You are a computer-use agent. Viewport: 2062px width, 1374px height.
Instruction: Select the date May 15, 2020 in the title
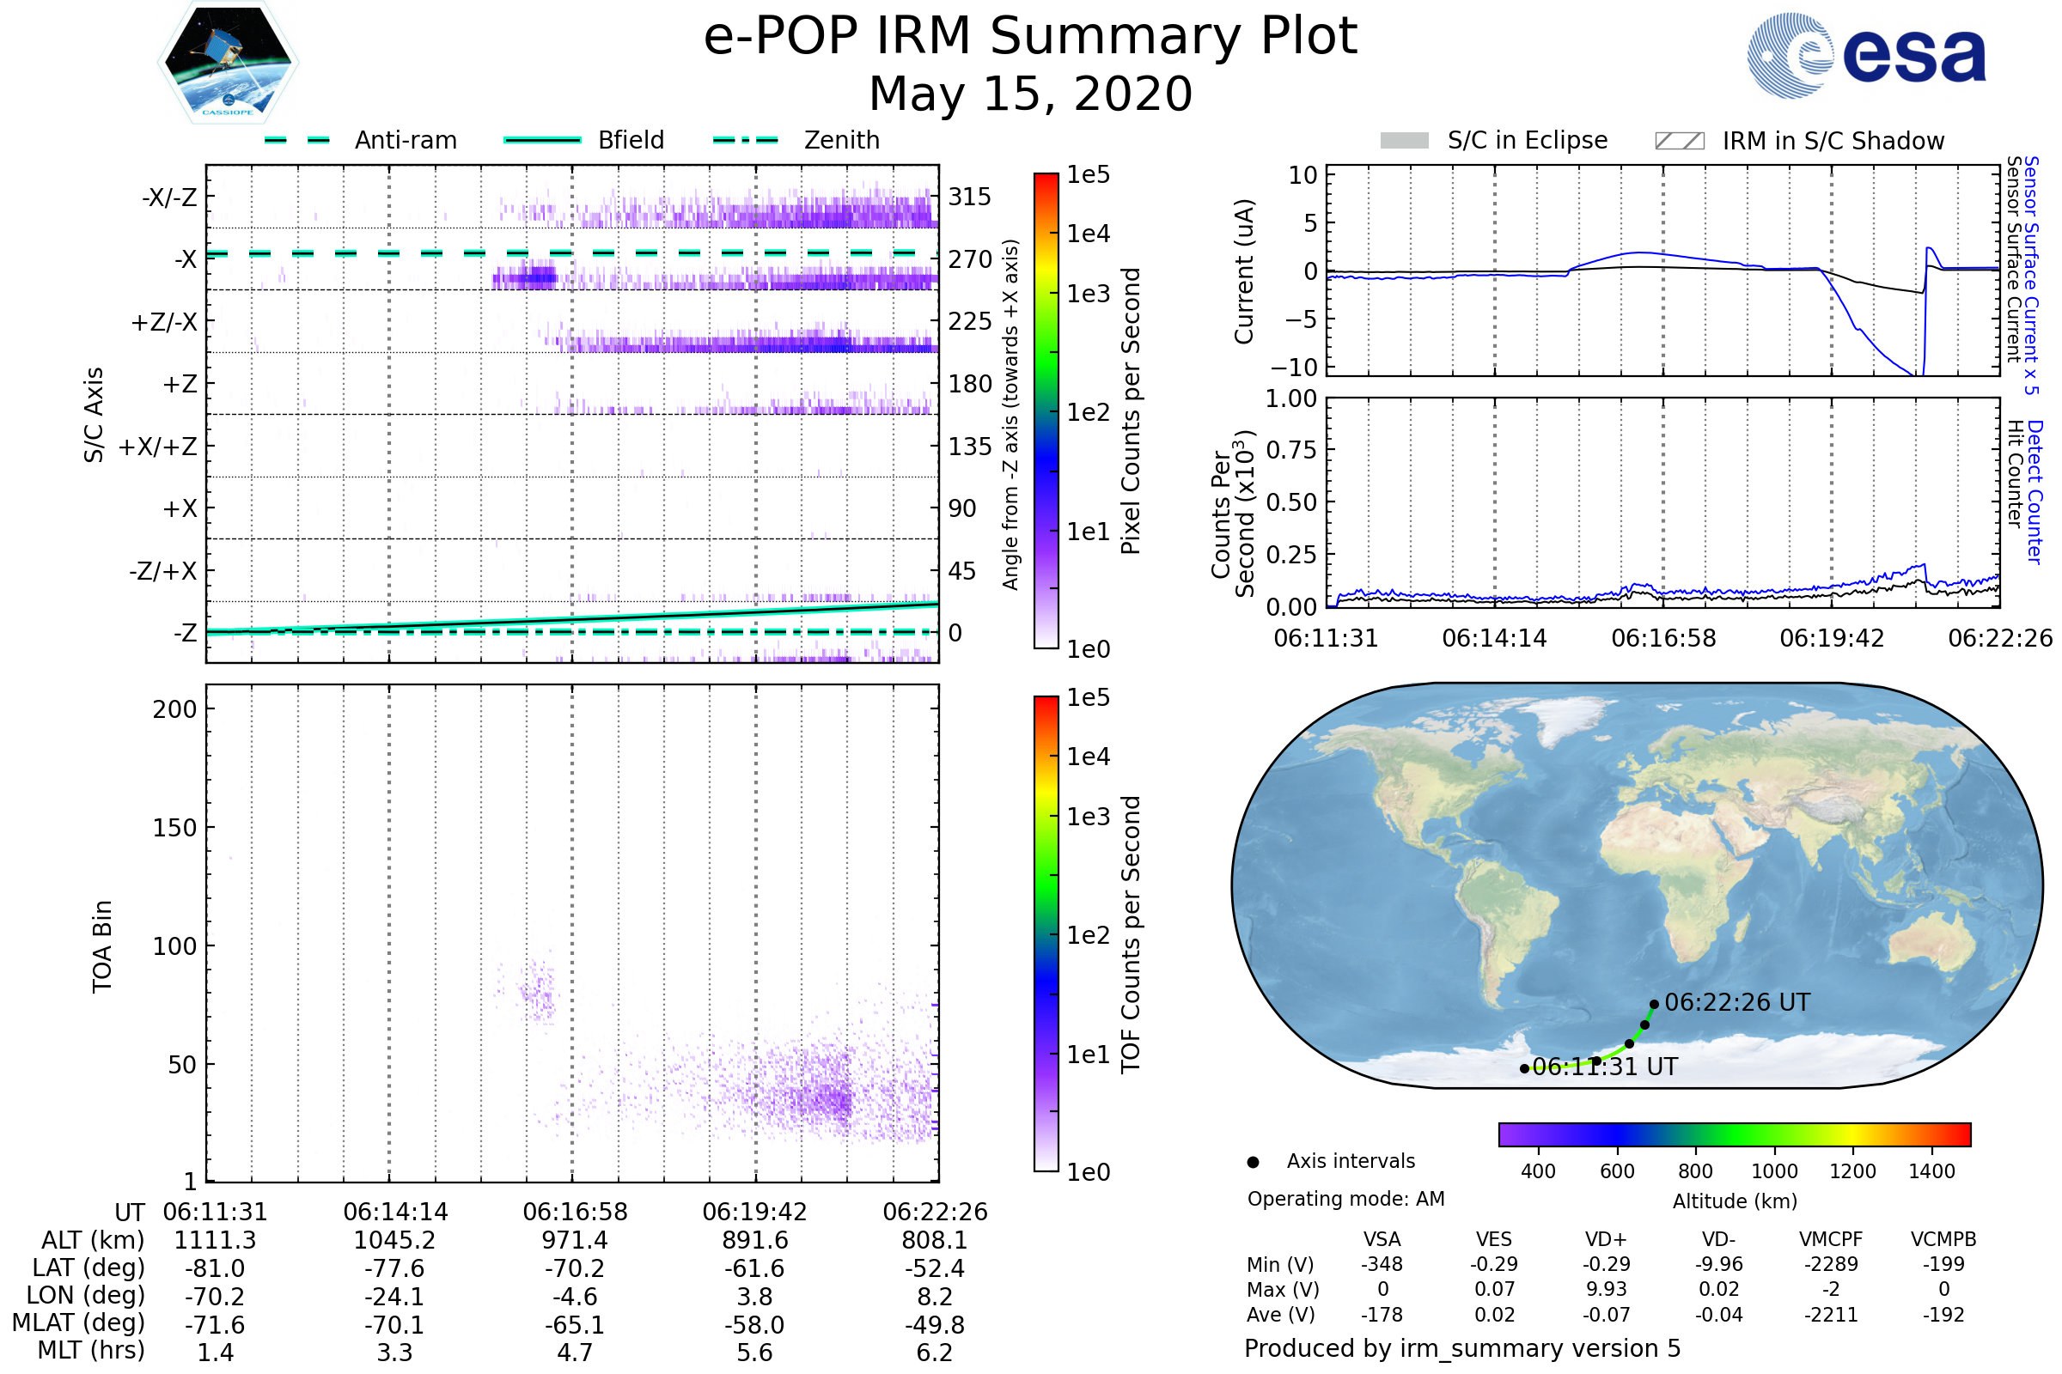[1030, 94]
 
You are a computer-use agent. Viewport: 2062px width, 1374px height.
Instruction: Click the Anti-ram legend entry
[405, 140]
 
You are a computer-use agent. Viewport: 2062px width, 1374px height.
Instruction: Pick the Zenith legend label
[842, 140]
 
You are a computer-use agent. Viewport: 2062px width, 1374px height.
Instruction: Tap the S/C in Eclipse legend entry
[1527, 140]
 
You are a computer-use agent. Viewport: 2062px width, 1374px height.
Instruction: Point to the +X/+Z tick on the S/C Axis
[158, 447]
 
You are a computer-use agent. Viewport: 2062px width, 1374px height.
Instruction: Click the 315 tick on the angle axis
[970, 197]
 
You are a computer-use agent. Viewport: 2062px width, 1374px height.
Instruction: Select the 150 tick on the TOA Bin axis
[174, 828]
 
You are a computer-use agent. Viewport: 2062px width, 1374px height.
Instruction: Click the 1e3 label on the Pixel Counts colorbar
[1088, 294]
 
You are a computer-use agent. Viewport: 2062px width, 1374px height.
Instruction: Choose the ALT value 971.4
[574, 1240]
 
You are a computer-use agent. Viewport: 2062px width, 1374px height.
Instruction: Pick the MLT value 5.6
[754, 1352]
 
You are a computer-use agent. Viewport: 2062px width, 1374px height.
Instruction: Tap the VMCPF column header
[1831, 1239]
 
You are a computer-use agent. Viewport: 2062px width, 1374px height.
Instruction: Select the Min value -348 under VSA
[1382, 1264]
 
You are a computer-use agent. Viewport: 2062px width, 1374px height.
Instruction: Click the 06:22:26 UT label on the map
[1736, 1002]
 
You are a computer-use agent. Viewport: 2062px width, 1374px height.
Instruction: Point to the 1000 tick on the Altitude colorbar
[1773, 1171]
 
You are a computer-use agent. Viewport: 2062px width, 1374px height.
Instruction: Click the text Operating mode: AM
[1345, 1199]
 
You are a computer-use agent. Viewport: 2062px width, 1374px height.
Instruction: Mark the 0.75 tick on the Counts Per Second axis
[1291, 450]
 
